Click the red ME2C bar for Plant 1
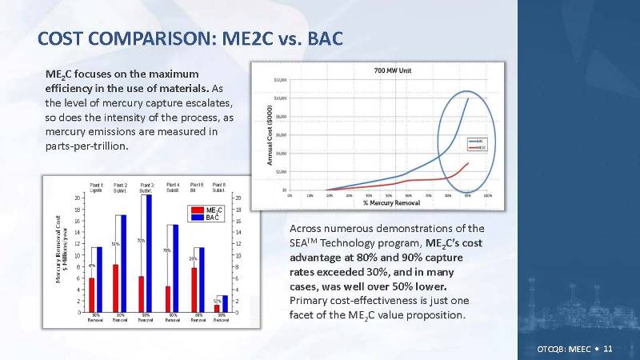click(x=91, y=295)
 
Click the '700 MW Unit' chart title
click(x=391, y=71)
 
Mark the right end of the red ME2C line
click(x=468, y=163)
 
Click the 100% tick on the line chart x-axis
click(x=488, y=194)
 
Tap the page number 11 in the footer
click(x=608, y=350)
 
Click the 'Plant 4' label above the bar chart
click(x=173, y=186)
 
